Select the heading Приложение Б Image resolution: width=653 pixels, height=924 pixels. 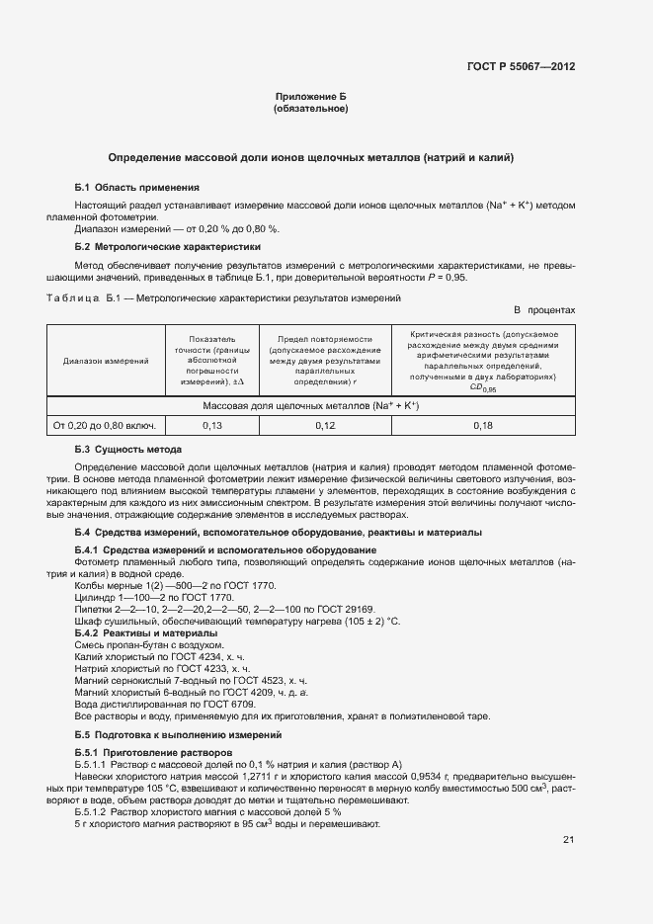coord(310,96)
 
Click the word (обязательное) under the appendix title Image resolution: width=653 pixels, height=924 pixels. coord(310,108)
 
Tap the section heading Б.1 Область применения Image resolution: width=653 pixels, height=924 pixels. coord(137,187)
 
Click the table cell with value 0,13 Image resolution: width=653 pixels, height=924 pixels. coord(211,425)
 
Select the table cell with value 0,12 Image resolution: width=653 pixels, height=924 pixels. coord(325,425)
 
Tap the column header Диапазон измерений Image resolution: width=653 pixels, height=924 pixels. coord(106,362)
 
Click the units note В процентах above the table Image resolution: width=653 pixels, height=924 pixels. coord(543,310)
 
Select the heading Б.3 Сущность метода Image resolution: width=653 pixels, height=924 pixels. coord(128,450)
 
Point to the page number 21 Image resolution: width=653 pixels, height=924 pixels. coord(568,840)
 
